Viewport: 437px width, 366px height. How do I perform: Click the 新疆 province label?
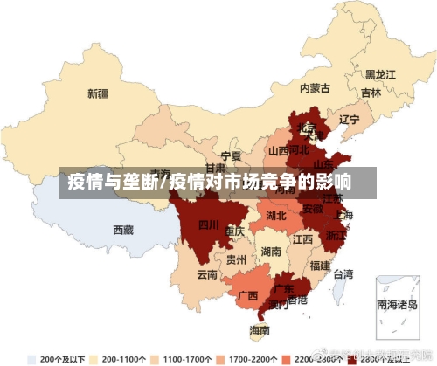pos(97,93)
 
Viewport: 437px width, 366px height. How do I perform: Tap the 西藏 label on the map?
pos(123,230)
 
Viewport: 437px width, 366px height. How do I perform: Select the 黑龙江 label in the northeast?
pos(380,74)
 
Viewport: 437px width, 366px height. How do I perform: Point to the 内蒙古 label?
pos(315,88)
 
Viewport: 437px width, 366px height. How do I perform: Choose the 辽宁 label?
pos(350,119)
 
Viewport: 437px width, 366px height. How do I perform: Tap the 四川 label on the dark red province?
pos(208,224)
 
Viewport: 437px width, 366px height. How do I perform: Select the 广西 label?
pos(247,295)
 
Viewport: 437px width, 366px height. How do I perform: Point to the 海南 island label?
pos(260,331)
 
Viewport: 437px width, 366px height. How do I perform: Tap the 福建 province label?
pos(320,266)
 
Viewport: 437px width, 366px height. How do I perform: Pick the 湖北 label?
pos(276,215)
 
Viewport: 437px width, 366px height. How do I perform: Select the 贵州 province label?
pos(236,259)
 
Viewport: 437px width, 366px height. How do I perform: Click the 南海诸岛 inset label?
pos(398,306)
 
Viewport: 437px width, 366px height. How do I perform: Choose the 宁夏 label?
pos(231,155)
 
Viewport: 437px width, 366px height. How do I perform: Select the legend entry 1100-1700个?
pos(184,358)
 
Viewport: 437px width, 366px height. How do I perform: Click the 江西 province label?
pos(303,238)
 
